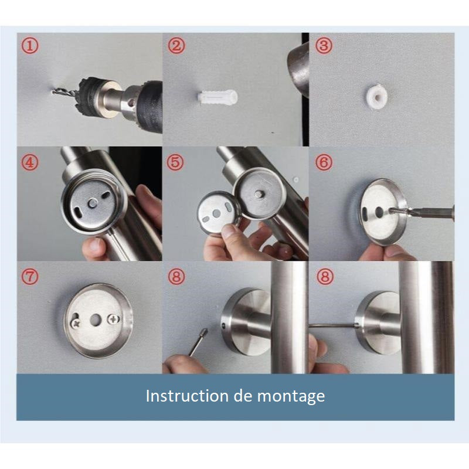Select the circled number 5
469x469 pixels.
click(175, 161)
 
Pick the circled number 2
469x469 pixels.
click(175, 45)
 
